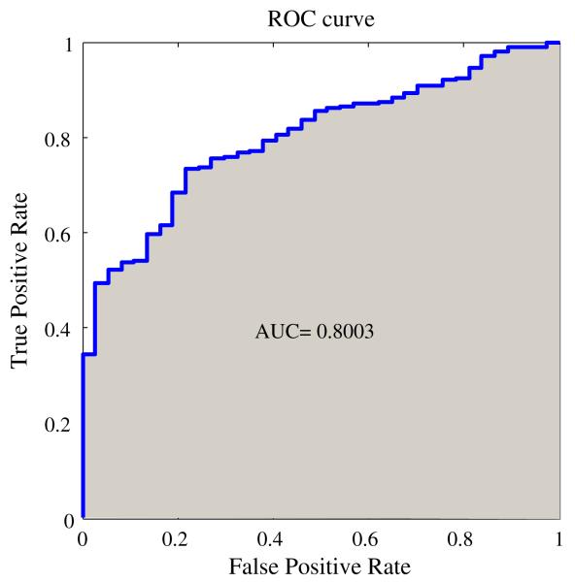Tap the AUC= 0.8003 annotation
(315, 332)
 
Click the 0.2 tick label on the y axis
(61, 424)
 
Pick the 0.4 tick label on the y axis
(61, 329)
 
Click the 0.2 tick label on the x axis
(178, 538)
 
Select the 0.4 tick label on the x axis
(273, 538)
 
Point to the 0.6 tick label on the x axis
(368, 538)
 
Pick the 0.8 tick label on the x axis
(463, 538)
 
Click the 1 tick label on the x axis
(559, 538)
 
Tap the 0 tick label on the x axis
(83, 538)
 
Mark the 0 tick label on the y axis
(69, 519)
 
